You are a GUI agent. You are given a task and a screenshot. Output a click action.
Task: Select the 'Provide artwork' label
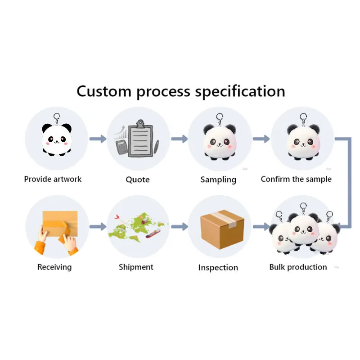[x=53, y=179]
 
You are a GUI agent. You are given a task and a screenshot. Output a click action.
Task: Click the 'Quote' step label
[x=137, y=180]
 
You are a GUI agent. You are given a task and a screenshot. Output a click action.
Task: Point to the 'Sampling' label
[x=218, y=180]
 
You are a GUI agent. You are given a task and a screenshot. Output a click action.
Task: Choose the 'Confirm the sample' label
[x=296, y=179]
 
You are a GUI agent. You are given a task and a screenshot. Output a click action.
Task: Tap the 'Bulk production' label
[x=298, y=267]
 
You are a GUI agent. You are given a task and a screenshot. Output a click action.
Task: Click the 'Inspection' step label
[x=218, y=268]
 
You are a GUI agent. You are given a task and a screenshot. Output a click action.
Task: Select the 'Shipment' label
[x=136, y=267]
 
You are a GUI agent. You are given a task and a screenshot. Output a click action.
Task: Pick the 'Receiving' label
[x=54, y=267]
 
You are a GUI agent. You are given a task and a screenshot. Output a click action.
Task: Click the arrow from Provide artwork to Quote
[x=97, y=139]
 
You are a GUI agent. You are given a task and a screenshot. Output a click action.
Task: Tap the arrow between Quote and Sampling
[x=179, y=139]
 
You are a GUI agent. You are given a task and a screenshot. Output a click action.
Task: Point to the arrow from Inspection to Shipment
[x=179, y=226]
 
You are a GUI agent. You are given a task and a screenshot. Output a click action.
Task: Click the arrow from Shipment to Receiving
[x=97, y=226]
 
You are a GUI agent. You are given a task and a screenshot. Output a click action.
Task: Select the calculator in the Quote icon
[x=121, y=146]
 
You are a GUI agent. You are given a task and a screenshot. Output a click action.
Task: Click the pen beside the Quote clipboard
[x=156, y=148]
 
